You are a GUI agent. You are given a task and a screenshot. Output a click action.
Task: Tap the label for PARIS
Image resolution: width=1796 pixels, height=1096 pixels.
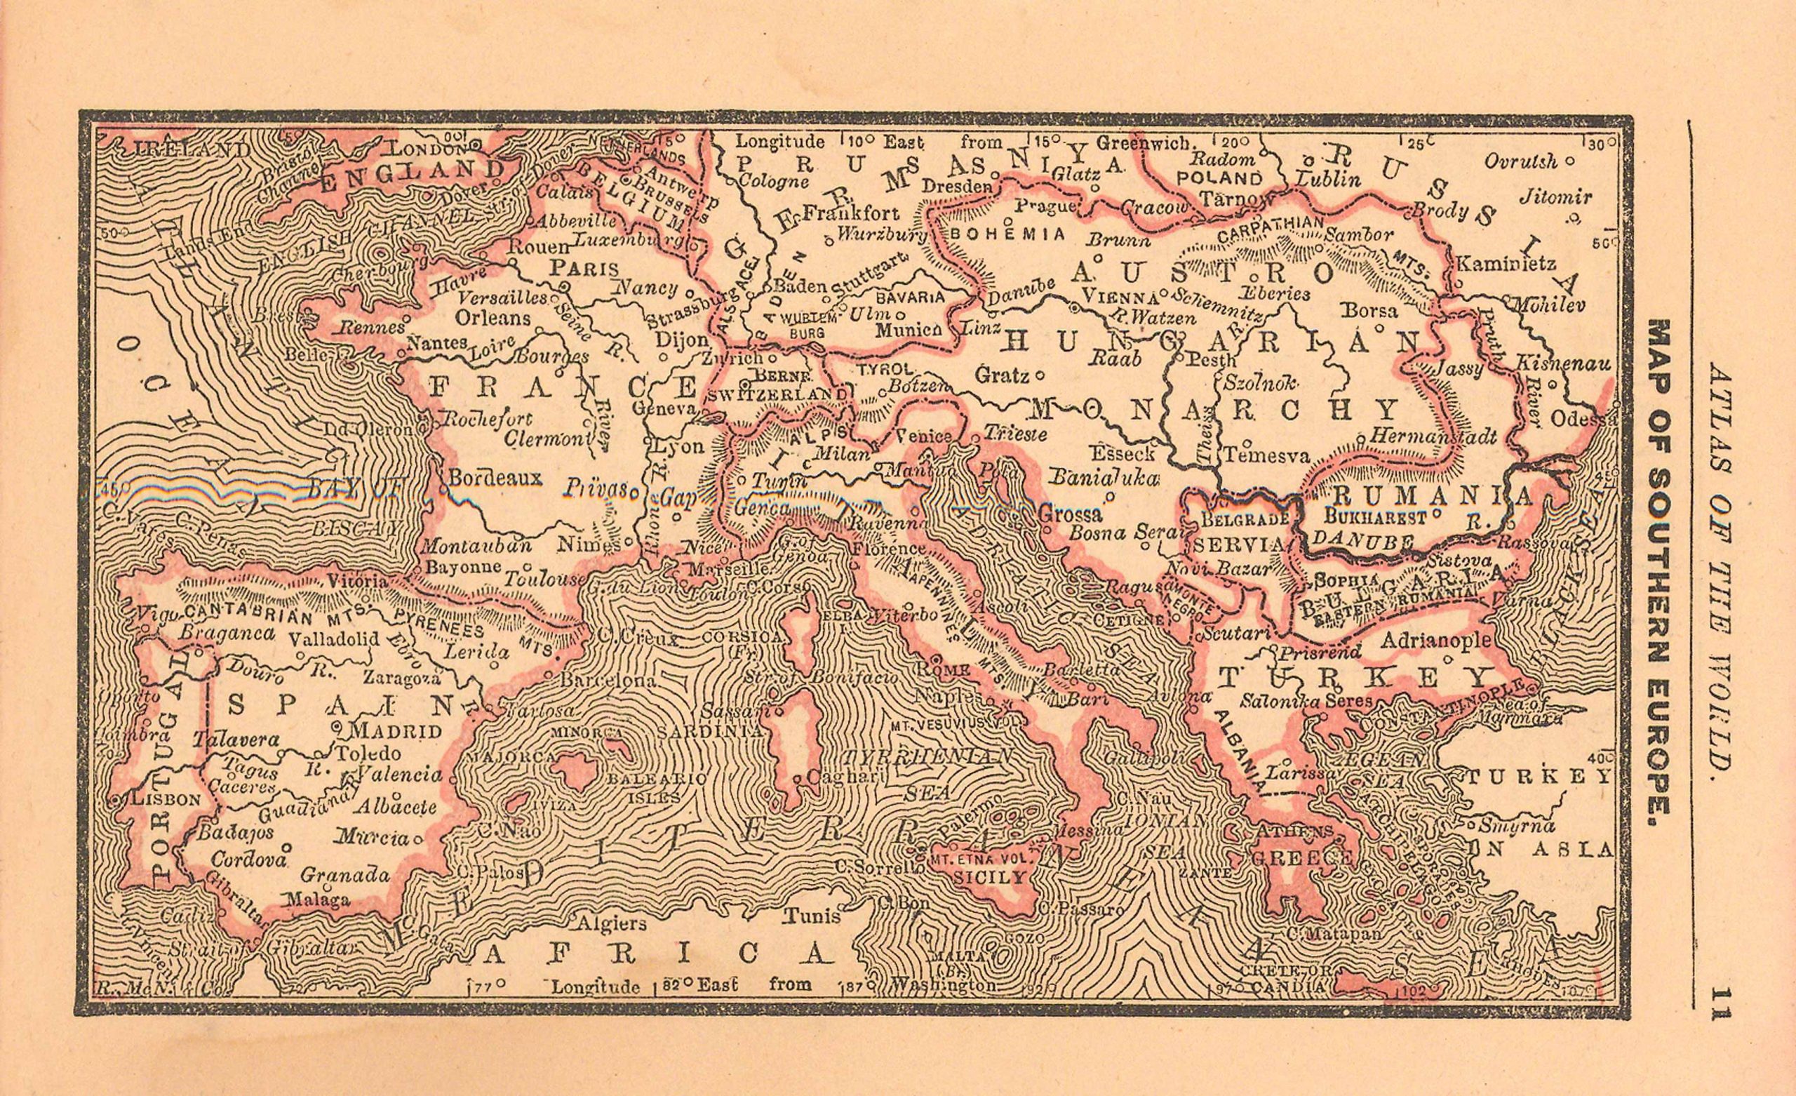pyautogui.click(x=584, y=267)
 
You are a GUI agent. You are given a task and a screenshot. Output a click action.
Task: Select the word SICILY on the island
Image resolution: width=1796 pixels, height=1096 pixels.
pyautogui.click(x=989, y=877)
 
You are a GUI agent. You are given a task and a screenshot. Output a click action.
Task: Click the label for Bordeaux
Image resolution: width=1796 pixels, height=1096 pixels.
pyautogui.click(x=495, y=478)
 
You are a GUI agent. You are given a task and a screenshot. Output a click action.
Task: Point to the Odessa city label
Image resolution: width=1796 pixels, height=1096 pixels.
pyautogui.click(x=1583, y=420)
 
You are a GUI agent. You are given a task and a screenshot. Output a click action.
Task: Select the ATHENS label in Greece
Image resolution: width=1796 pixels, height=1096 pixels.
pyautogui.click(x=1294, y=831)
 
